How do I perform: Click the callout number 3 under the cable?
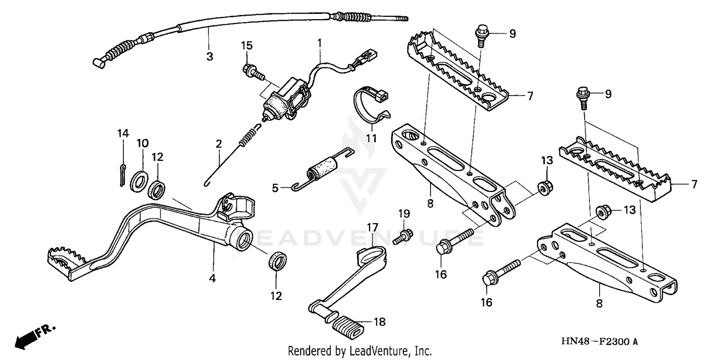pos(209,57)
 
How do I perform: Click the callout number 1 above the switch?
pos(319,43)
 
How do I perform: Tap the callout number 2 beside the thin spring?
pos(219,144)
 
